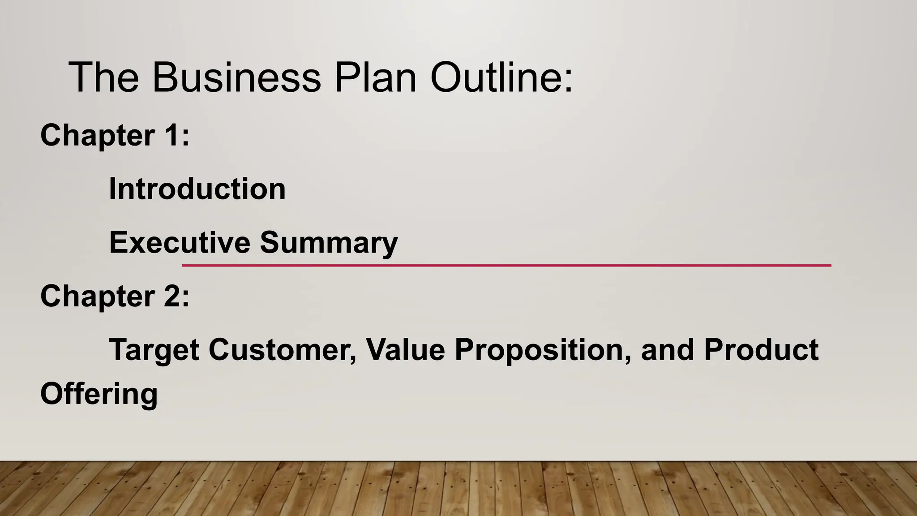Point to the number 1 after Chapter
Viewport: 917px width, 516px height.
(172, 135)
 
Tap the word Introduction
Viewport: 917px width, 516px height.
(197, 189)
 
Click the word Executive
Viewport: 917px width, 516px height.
(180, 242)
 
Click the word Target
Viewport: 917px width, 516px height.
(154, 350)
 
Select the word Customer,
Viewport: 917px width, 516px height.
(283, 350)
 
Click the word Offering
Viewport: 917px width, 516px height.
(99, 394)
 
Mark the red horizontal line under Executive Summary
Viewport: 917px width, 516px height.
(506, 265)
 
